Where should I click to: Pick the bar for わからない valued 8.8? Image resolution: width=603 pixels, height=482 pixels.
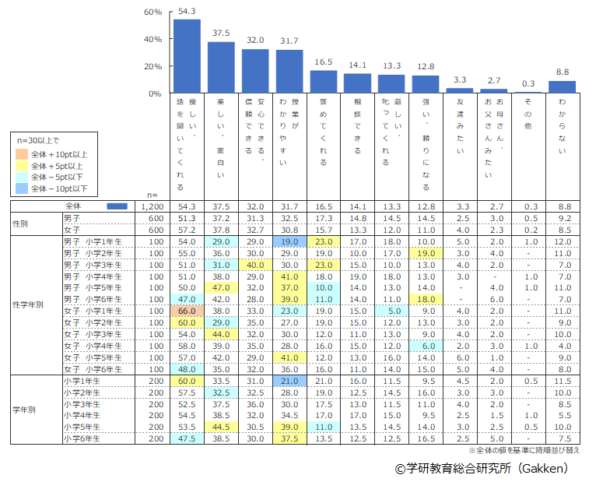click(562, 87)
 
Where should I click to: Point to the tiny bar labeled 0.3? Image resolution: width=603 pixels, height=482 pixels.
click(528, 93)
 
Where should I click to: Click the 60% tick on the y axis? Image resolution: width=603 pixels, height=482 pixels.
click(153, 12)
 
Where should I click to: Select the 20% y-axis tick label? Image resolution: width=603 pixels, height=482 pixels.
click(153, 66)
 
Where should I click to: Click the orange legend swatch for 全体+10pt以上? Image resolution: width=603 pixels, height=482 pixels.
click(23, 154)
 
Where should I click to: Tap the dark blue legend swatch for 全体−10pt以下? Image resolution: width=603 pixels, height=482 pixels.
click(23, 188)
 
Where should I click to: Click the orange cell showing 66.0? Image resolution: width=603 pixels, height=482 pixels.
click(187, 311)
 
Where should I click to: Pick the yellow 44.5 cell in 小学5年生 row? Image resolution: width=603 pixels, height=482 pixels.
click(221, 427)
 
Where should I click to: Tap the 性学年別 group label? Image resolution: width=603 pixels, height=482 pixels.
click(28, 304)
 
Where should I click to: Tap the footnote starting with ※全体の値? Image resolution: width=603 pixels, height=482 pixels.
click(524, 450)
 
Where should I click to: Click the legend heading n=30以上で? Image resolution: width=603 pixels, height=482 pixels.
click(39, 141)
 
